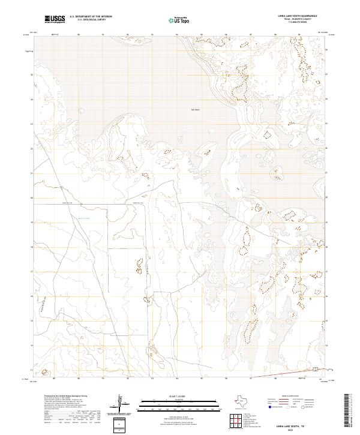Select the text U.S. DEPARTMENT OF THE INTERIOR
point(91,16)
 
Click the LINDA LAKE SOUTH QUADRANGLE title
point(293,15)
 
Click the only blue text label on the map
point(84,218)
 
